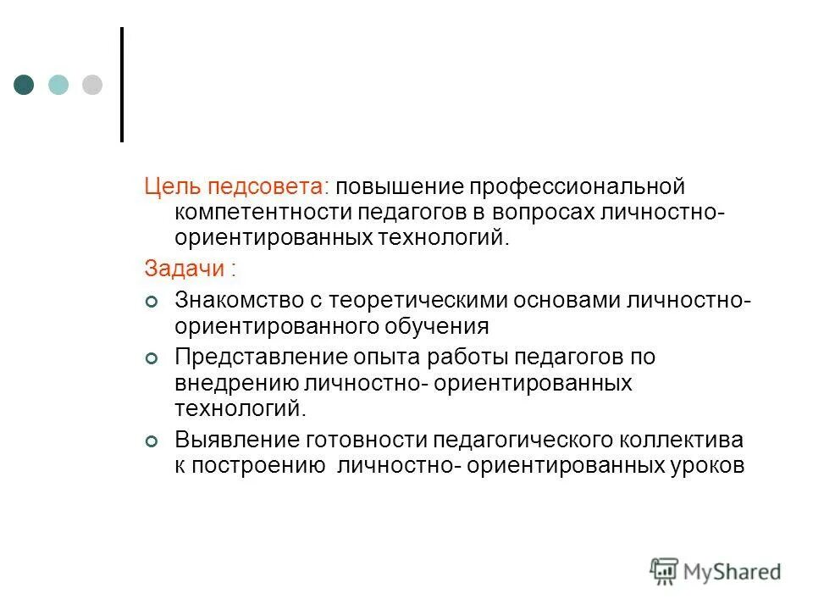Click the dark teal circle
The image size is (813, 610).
[x=24, y=84]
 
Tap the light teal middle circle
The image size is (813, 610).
[x=58, y=84]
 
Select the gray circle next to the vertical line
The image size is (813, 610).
[x=91, y=84]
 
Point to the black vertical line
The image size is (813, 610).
[x=122, y=84]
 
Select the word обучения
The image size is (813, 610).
[x=431, y=325]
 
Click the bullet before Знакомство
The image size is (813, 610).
[x=151, y=301]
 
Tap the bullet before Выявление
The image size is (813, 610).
[x=151, y=441]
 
